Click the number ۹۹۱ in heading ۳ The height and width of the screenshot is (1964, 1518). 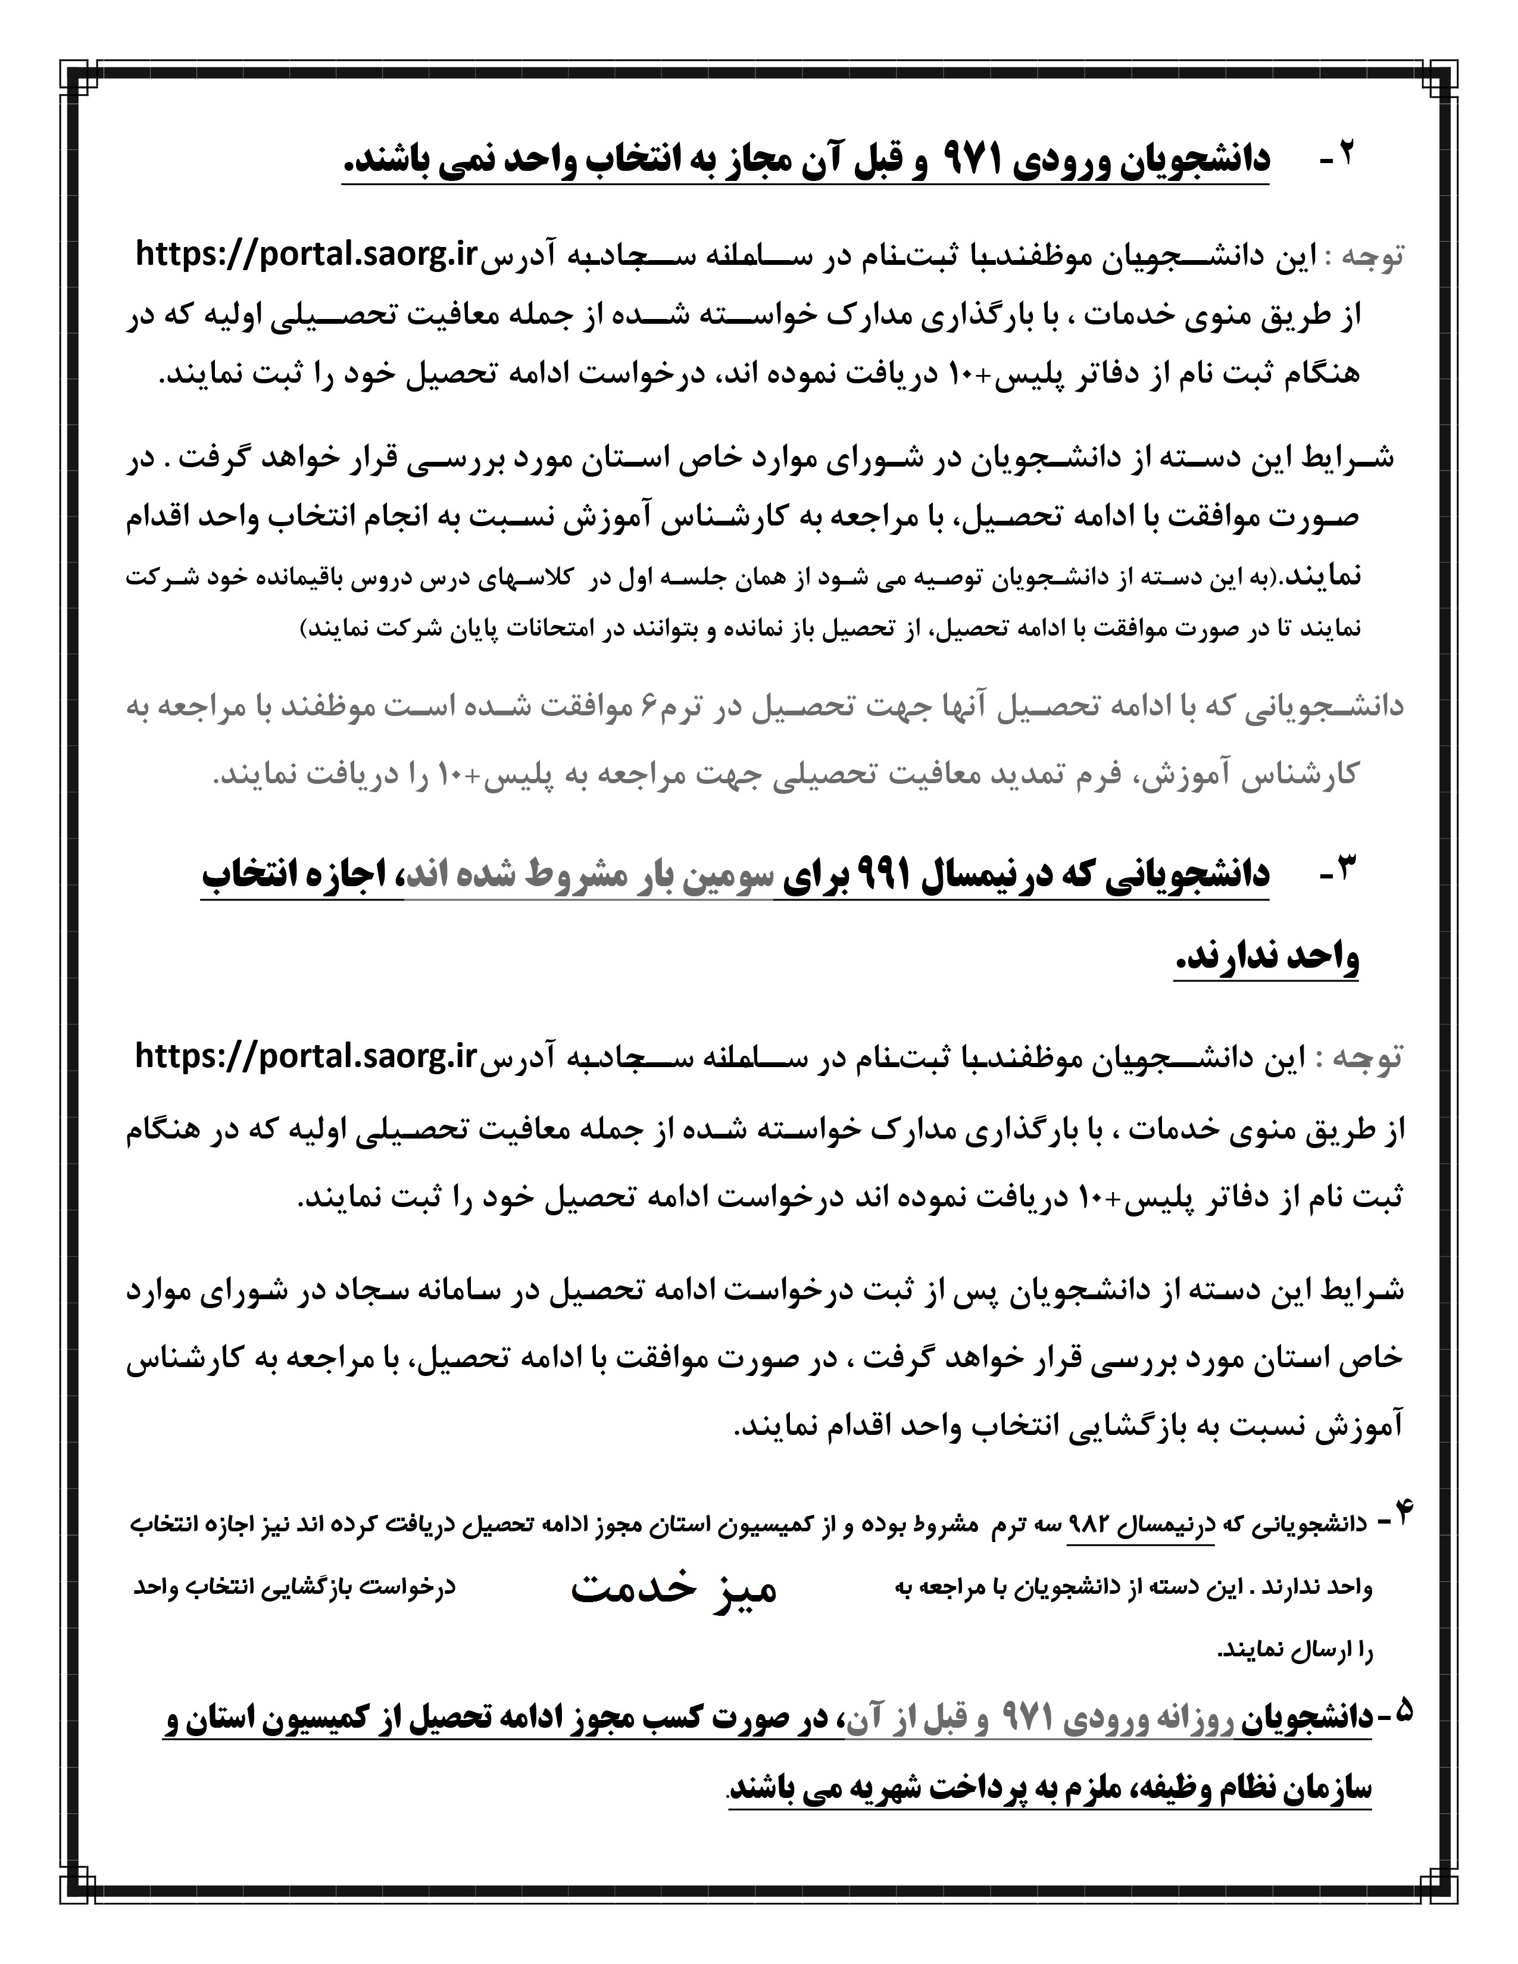[x=907, y=872]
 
